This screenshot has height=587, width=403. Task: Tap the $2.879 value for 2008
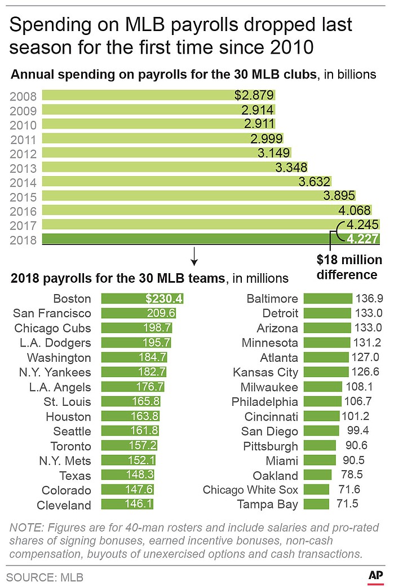pyautogui.click(x=254, y=95)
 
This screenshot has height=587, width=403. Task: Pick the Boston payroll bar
pyautogui.click(x=143, y=299)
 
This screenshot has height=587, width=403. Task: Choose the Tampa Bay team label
pyautogui.click(x=268, y=504)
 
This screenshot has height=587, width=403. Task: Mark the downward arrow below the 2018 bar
pyautogui.click(x=194, y=256)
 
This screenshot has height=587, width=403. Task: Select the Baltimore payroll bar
pyautogui.click(x=328, y=299)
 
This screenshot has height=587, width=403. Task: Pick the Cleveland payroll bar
pyautogui.click(x=127, y=505)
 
